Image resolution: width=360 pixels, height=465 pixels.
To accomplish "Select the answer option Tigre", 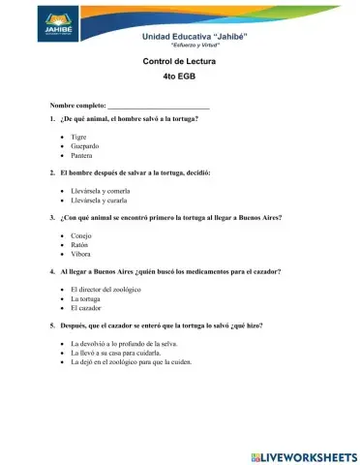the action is [79, 138].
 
